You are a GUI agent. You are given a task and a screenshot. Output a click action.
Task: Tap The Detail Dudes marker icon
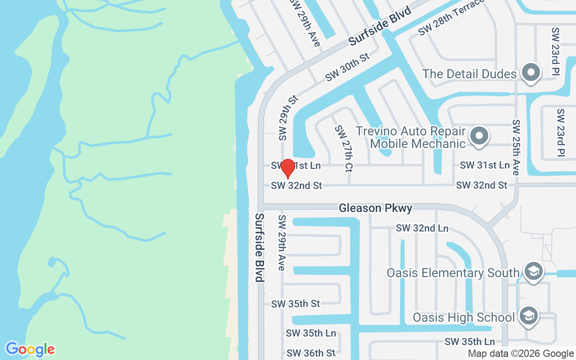pyautogui.click(x=531, y=72)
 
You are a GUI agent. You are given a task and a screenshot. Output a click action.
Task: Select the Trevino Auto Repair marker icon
pyautogui.click(x=479, y=135)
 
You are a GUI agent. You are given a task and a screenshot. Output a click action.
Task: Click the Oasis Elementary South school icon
pyautogui.click(x=533, y=271)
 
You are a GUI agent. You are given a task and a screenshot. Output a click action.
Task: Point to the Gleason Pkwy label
pyautogui.click(x=375, y=208)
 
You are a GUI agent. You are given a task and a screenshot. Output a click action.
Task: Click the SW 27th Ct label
pyautogui.click(x=344, y=148)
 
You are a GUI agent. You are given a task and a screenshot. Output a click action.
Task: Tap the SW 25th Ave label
pyautogui.click(x=516, y=147)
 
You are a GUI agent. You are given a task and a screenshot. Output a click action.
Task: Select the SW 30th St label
pyautogui.click(x=347, y=67)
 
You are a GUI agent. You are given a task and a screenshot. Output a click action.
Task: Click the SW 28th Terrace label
pyautogui.click(x=451, y=17)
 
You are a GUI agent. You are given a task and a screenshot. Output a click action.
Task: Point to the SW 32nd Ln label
pyautogui.click(x=422, y=228)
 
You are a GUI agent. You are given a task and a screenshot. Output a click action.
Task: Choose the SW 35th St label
pyautogui.click(x=296, y=304)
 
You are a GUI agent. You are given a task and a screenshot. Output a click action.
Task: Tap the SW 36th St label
pyautogui.click(x=311, y=353)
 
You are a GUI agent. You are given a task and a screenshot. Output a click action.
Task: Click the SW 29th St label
pyautogui.click(x=288, y=117)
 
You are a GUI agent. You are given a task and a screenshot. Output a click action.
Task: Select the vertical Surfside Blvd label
pyautogui.click(x=259, y=247)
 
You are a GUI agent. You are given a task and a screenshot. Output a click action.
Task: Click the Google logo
pyautogui.click(x=30, y=349)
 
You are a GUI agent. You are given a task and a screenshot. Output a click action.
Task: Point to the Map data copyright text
pyautogui.click(x=521, y=354)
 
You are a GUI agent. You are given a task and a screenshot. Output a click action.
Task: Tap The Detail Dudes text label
pyautogui.click(x=469, y=74)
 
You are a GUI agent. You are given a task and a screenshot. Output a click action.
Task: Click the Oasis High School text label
pyautogui.click(x=463, y=317)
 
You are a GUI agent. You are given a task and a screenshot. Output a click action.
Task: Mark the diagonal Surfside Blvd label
pyautogui.click(x=380, y=26)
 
